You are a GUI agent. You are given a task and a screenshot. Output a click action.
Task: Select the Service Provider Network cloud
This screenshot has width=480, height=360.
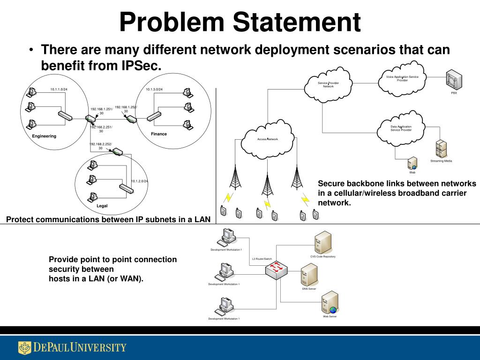328,85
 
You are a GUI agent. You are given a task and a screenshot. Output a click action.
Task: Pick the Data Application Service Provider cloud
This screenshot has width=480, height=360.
401,128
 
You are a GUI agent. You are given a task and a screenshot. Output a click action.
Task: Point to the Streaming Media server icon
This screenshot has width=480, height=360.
441,149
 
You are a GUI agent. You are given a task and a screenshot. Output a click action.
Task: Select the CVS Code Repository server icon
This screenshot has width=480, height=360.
322,243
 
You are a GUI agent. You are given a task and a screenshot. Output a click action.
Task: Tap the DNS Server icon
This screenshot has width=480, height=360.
309,275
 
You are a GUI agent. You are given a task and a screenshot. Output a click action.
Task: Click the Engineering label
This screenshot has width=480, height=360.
44,136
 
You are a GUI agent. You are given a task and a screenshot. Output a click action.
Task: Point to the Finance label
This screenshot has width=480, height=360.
159,134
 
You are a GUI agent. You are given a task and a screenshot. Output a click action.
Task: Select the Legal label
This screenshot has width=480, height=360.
102,206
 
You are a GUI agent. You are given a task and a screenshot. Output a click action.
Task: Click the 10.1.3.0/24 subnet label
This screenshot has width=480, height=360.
154,89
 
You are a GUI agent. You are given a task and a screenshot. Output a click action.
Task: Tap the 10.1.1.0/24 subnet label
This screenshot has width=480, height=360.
59,89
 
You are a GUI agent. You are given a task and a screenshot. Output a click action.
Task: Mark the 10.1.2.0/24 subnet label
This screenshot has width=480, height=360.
139,181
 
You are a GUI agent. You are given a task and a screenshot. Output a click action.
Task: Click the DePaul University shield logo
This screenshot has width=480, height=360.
24,348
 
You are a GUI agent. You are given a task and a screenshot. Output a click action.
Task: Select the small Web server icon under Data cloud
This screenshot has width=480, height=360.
412,163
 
